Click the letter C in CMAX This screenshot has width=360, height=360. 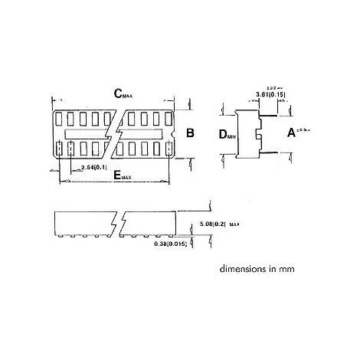(118, 93)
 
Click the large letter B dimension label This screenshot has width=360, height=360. (190, 133)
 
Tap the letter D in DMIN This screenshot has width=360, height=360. (223, 135)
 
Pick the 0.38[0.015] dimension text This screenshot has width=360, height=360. (172, 243)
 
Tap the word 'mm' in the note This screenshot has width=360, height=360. (286, 270)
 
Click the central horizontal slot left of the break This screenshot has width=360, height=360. (87, 134)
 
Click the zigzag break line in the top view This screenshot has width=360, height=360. (116, 132)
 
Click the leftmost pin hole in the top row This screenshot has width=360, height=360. (61, 119)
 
